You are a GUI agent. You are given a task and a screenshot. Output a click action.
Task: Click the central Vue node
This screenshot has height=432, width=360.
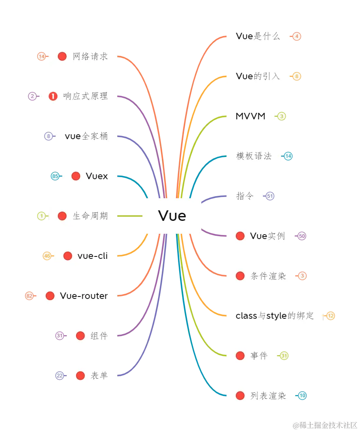172,216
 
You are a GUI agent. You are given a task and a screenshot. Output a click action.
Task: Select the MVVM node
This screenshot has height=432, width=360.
250,116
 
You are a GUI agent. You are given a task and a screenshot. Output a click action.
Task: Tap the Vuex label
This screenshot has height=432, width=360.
97,176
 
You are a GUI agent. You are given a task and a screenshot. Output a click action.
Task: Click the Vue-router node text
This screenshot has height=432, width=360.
84,296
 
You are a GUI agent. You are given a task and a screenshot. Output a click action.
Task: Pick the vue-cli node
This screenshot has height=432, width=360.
92,256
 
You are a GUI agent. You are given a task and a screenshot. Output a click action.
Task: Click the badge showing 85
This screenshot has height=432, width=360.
55,176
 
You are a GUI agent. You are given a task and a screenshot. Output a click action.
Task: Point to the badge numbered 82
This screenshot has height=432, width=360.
29,296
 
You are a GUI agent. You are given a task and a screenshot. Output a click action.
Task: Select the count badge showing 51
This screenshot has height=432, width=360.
270,196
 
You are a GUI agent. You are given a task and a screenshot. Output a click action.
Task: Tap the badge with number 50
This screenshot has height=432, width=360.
301,236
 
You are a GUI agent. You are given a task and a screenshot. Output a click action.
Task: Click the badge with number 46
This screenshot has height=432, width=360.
47,256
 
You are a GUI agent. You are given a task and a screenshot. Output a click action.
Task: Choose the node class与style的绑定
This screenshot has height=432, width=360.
275,316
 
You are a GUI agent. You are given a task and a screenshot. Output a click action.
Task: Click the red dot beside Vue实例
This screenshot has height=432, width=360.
240,236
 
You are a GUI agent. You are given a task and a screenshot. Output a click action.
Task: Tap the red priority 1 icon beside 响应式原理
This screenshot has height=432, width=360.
53,96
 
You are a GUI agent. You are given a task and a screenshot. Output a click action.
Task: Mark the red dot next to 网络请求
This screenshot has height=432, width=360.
62,56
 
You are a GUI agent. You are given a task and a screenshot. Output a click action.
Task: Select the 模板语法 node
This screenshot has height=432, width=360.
254,156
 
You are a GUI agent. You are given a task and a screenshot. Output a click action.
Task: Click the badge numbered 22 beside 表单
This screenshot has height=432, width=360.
59,376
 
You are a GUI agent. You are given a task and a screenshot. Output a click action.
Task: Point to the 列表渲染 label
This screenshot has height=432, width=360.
268,396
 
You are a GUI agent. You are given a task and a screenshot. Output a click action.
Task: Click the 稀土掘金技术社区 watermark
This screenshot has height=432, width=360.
325,425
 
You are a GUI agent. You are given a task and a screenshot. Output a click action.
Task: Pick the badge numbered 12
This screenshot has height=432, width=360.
330,316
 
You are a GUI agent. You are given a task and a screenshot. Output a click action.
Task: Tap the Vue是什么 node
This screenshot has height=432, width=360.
258,36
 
